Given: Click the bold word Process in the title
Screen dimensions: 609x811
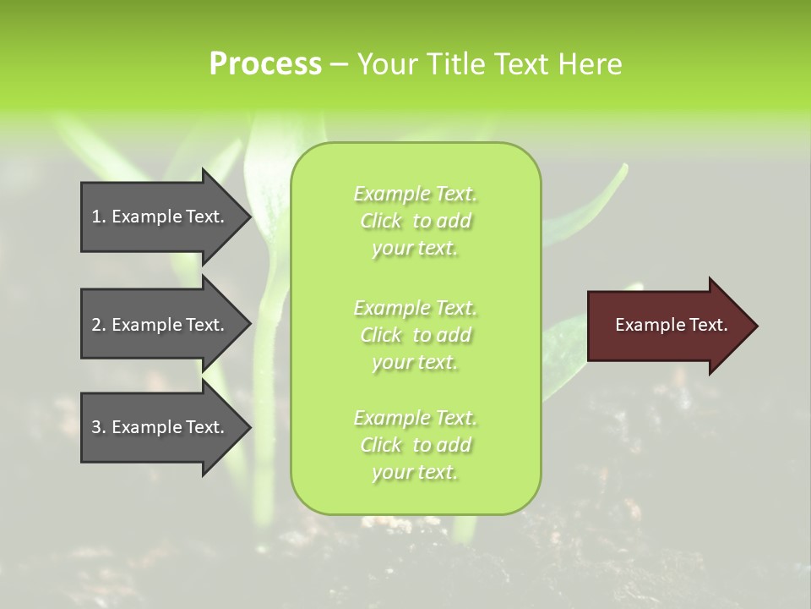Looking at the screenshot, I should tap(265, 63).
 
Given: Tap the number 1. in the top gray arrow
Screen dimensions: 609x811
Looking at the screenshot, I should tap(99, 217).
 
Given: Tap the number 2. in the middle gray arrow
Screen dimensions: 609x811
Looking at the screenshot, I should tap(99, 325).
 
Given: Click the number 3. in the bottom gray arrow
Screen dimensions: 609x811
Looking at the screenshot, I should tap(99, 427).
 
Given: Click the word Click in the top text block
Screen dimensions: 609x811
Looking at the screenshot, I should tap(381, 222).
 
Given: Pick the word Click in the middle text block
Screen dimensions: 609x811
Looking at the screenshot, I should tap(381, 335).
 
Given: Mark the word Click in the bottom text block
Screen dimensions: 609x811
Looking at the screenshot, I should tap(381, 445).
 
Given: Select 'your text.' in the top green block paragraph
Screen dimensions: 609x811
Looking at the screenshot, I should tap(415, 249).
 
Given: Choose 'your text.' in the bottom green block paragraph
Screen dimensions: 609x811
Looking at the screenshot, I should tap(415, 472).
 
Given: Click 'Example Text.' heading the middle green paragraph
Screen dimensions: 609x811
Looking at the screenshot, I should tap(415, 308).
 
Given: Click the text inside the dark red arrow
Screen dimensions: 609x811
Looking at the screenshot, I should tap(671, 325).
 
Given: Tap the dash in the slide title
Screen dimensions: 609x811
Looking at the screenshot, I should tap(339, 64).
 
